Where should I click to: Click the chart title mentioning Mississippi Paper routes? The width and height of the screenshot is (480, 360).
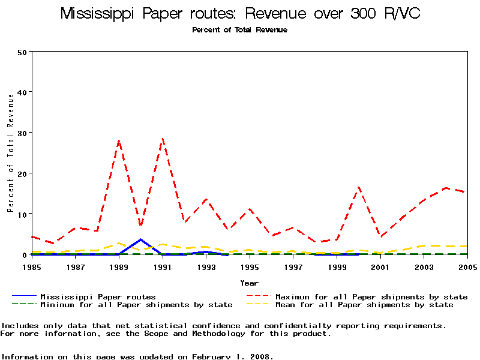(239, 14)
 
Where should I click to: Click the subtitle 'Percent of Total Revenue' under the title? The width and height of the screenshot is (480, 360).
(239, 30)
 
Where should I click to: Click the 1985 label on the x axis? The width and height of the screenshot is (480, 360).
(32, 266)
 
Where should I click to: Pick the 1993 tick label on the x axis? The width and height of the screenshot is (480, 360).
(206, 266)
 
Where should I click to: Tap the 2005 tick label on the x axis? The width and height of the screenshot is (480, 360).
(467, 266)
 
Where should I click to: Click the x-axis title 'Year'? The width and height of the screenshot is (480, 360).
(249, 283)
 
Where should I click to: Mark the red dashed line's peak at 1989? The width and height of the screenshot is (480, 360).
(119, 141)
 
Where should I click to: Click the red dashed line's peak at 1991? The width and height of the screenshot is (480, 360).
(163, 139)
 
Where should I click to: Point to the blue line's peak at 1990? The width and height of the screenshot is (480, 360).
(140, 239)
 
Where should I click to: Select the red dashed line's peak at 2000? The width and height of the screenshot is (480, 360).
(359, 187)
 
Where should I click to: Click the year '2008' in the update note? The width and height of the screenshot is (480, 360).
(262, 356)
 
